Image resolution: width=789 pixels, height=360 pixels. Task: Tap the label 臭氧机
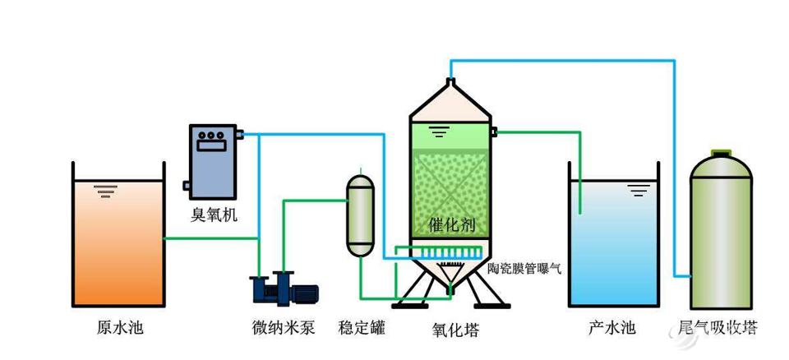[x=214, y=215]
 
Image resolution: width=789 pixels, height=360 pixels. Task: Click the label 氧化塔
[x=455, y=330]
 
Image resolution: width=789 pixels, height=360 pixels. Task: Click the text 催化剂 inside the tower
[x=451, y=225]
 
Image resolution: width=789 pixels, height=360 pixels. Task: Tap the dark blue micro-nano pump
[x=284, y=290]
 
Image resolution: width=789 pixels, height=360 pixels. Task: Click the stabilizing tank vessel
[x=361, y=215]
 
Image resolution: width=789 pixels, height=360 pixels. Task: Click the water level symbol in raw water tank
[x=104, y=192]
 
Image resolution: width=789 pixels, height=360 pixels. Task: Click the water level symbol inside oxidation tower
[x=438, y=131]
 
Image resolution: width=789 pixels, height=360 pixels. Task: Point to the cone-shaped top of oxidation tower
[x=450, y=101]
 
